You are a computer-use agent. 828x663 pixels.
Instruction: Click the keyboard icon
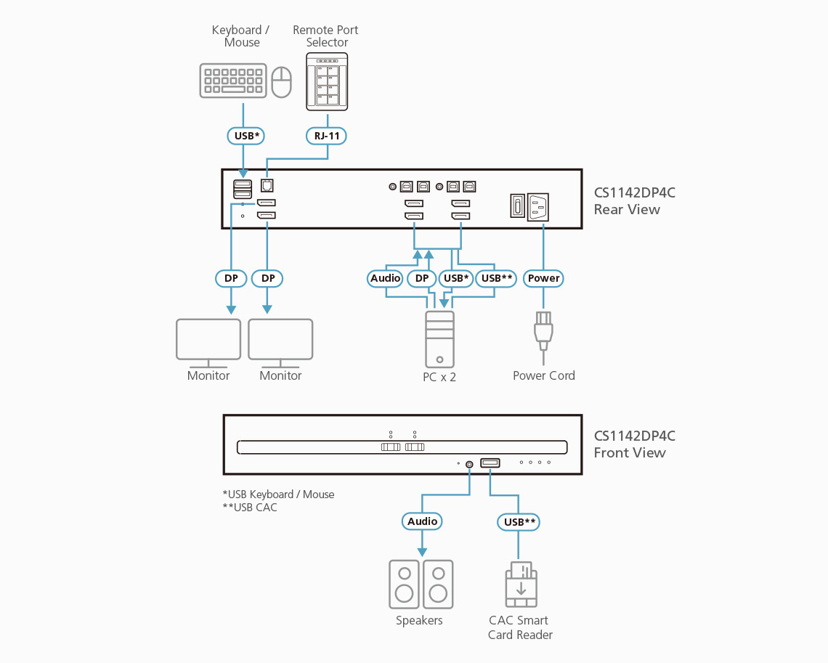click(232, 81)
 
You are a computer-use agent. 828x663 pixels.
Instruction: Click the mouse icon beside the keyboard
click(281, 82)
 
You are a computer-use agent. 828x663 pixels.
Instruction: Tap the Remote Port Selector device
click(327, 81)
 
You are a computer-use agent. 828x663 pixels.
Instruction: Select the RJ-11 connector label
click(326, 135)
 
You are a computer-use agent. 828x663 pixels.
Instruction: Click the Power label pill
click(543, 278)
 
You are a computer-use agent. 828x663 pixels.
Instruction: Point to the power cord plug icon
click(543, 331)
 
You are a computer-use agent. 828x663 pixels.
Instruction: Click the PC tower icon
click(439, 339)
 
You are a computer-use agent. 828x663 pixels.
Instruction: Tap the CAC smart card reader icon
click(521, 585)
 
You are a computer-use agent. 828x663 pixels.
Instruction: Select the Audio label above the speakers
click(422, 521)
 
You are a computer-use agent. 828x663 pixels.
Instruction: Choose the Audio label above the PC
click(385, 278)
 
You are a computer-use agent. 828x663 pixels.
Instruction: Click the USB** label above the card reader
click(519, 521)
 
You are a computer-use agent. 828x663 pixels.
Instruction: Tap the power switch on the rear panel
click(516, 206)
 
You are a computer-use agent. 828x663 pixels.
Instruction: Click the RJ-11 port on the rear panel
click(267, 186)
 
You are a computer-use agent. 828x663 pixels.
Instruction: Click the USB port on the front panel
click(490, 463)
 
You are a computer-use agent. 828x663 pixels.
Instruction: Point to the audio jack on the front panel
click(469, 464)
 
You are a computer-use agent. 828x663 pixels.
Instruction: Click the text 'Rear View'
click(627, 210)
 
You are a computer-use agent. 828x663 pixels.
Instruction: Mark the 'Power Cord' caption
click(543, 375)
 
